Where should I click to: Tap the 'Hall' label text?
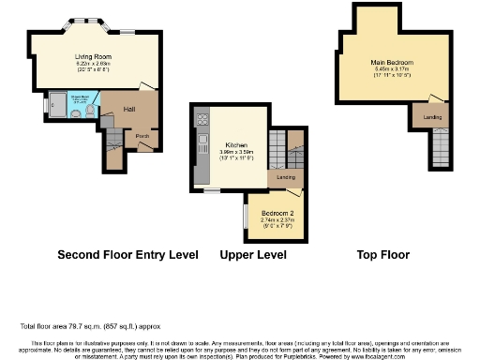130,110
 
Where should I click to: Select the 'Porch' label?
143,136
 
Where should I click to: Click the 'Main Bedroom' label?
392,62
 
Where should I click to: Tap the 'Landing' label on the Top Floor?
433,117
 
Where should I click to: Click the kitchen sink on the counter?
201,143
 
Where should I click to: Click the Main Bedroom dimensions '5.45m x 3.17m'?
392,68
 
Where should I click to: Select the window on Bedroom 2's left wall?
245,215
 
